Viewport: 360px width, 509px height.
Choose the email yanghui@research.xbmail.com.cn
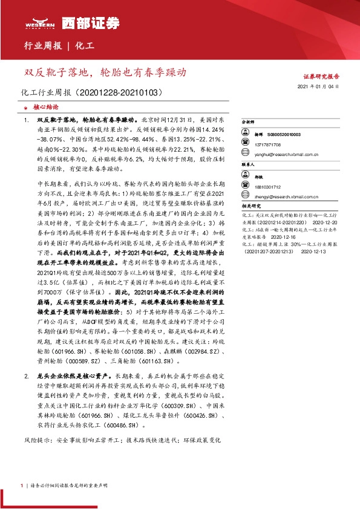tap(287, 154)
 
